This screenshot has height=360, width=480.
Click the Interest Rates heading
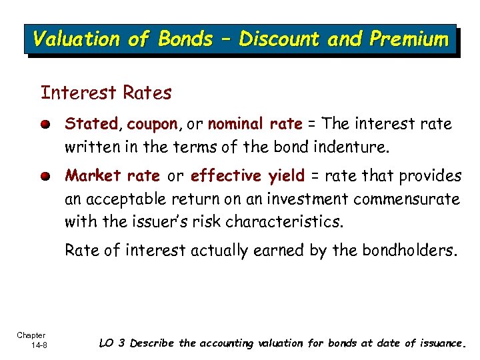coord(106,93)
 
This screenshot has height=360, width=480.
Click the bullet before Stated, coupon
coord(45,125)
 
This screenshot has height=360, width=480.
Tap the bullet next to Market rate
coord(45,177)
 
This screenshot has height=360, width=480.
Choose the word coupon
coord(152,125)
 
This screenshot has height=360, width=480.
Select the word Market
coord(93,176)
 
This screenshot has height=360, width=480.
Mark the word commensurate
coord(407,199)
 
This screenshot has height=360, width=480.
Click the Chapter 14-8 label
coord(31,339)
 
